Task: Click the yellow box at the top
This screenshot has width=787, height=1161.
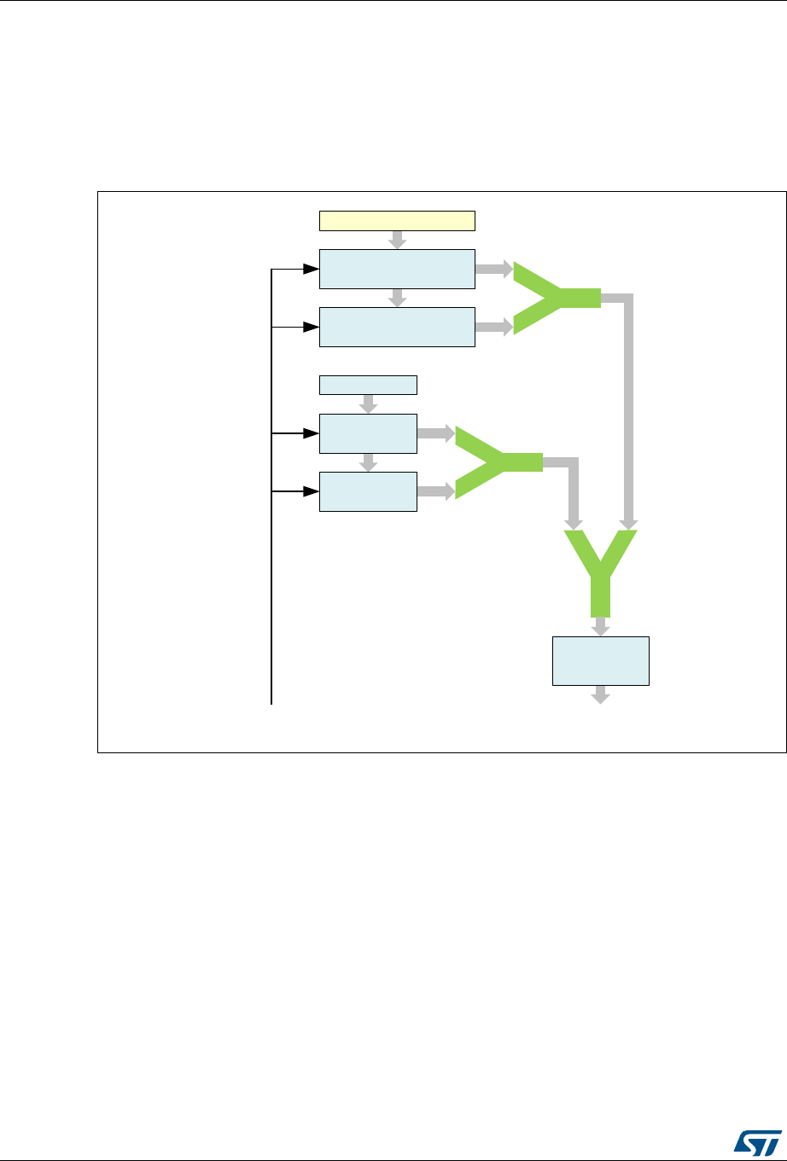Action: pyautogui.click(x=396, y=220)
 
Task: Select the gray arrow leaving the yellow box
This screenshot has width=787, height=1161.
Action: pyautogui.click(x=396, y=240)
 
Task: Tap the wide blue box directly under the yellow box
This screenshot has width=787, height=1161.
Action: pyautogui.click(x=396, y=270)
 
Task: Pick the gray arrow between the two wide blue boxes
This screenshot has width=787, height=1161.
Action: pyautogui.click(x=396, y=298)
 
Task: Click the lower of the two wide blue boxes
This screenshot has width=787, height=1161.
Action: pyautogui.click(x=396, y=327)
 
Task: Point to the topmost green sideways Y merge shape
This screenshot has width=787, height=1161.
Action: pyautogui.click(x=555, y=298)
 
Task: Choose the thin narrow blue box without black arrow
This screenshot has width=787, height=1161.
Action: pyautogui.click(x=368, y=385)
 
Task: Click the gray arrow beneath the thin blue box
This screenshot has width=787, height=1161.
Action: pyautogui.click(x=368, y=403)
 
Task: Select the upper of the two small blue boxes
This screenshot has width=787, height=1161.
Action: pyautogui.click(x=368, y=433)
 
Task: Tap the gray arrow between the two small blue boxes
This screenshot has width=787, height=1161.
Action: pyautogui.click(x=368, y=461)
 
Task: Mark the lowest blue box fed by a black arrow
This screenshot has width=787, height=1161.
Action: pyautogui.click(x=368, y=491)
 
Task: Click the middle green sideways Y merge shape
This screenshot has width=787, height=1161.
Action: pyautogui.click(x=497, y=462)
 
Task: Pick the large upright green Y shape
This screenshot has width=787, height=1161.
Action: pyautogui.click(x=601, y=572)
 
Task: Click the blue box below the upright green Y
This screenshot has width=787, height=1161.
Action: pyautogui.click(x=601, y=660)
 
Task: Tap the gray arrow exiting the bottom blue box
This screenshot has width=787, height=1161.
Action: pyautogui.click(x=601, y=694)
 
